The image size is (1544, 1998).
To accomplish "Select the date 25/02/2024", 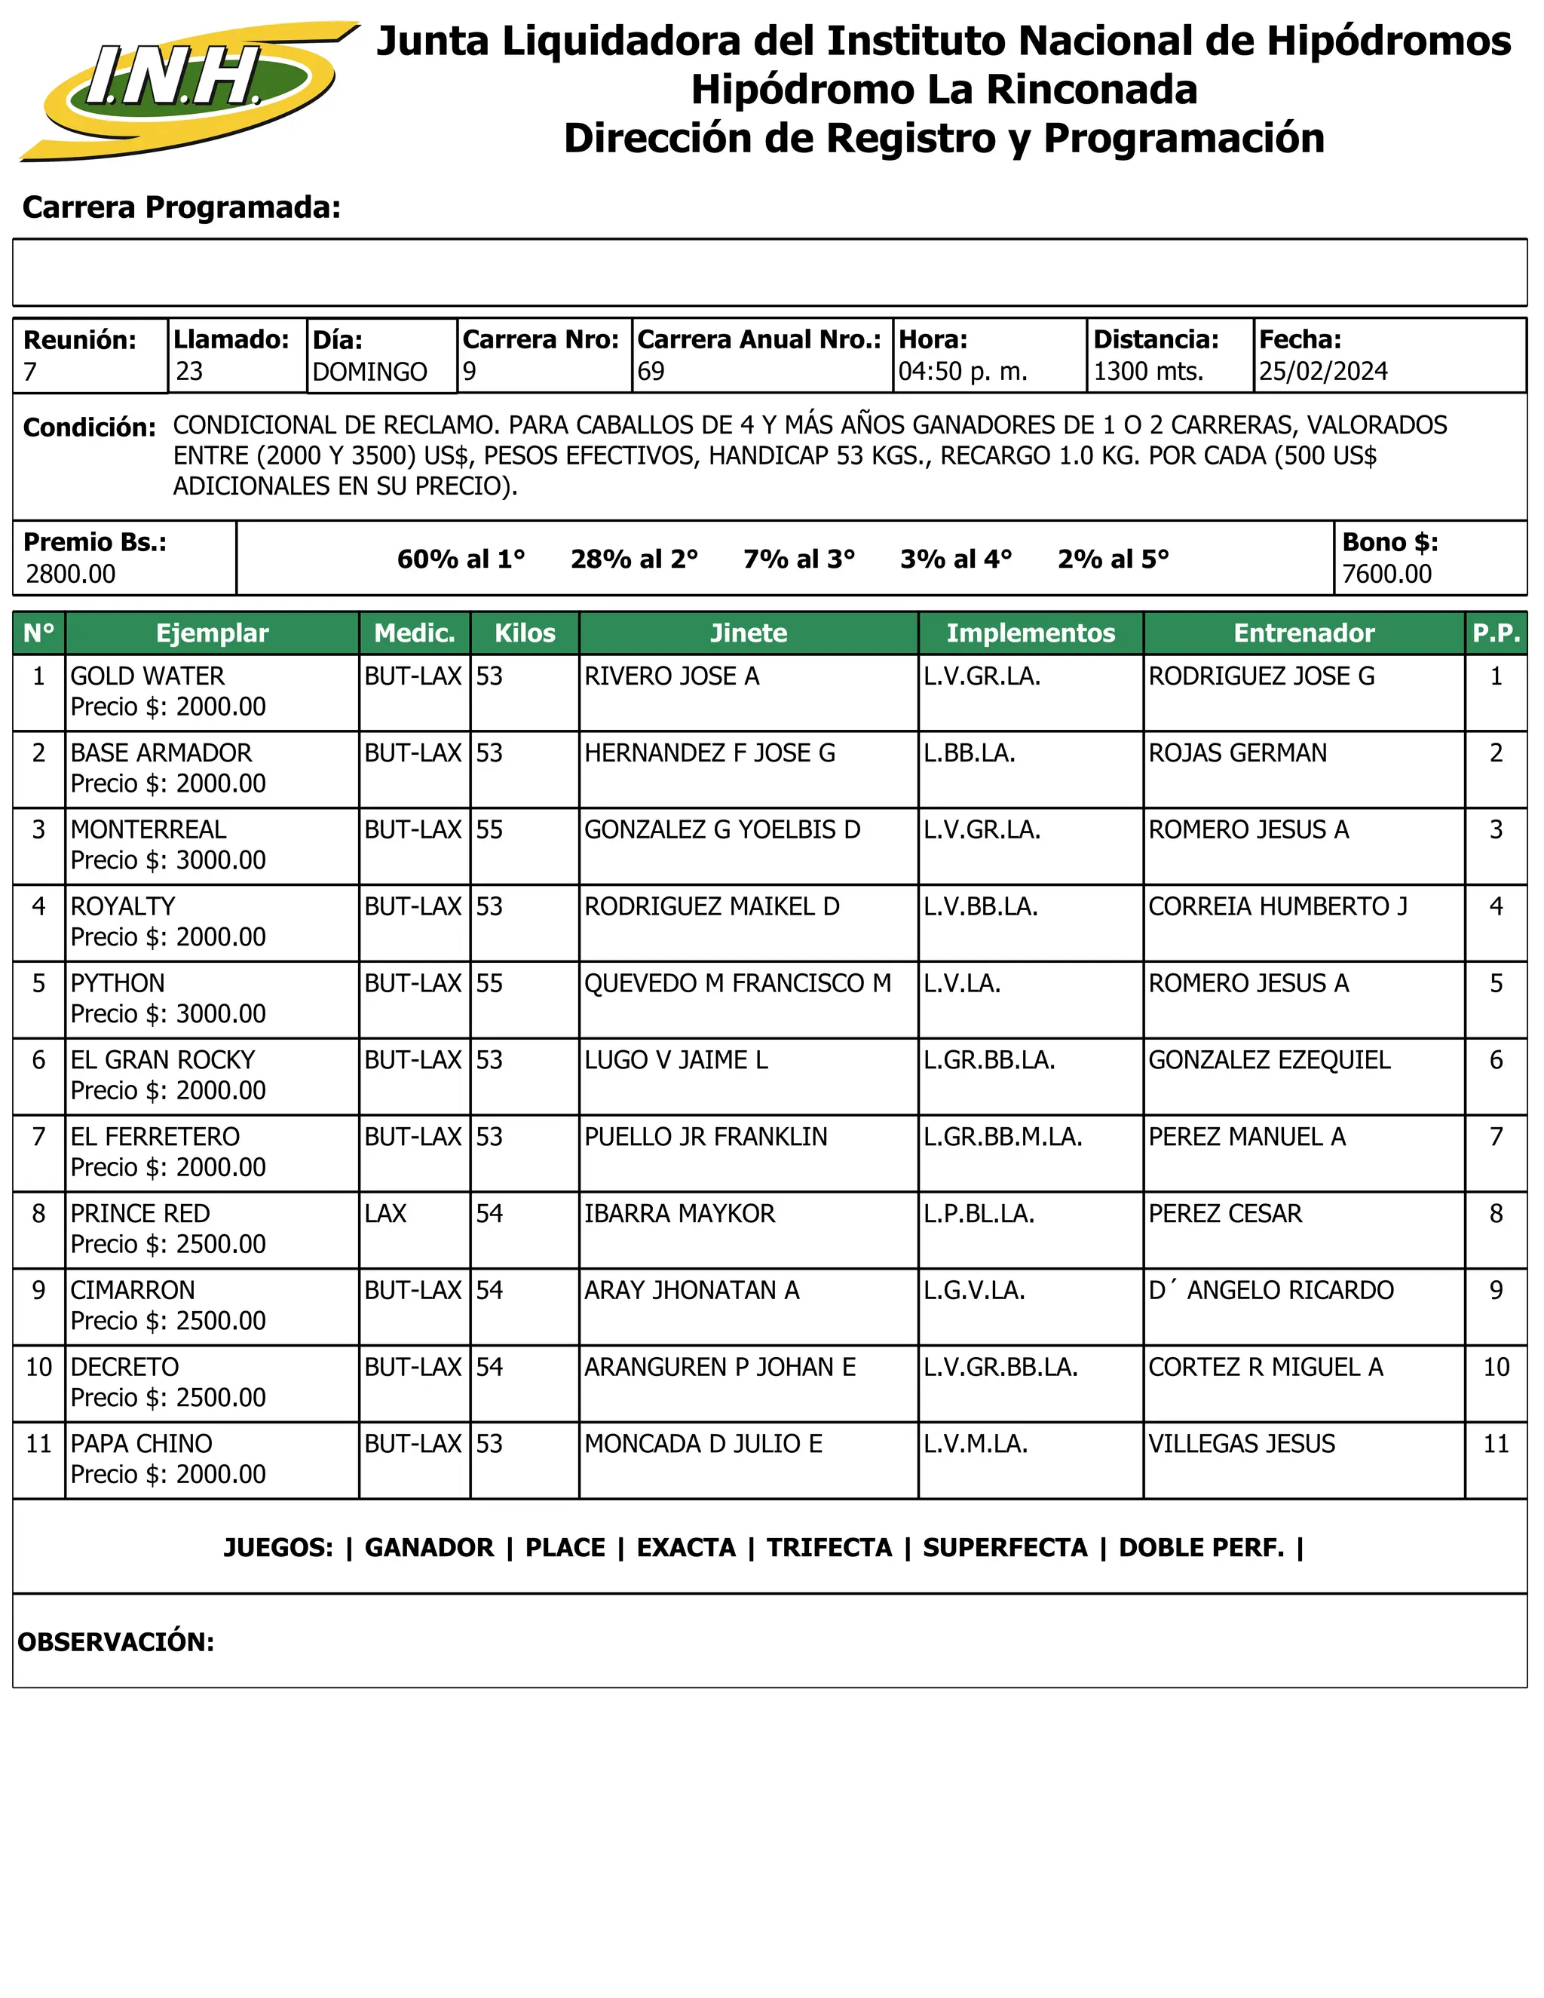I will (1322, 372).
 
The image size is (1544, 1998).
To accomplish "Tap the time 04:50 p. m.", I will (962, 372).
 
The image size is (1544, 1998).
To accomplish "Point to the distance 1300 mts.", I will (1148, 372).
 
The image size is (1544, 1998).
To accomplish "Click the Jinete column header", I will (748, 633).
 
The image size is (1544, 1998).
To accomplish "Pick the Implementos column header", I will (1030, 633).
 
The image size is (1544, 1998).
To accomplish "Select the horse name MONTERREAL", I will (149, 830).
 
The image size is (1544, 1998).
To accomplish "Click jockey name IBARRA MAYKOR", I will (679, 1214).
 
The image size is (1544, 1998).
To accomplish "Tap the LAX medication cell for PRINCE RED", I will (385, 1214).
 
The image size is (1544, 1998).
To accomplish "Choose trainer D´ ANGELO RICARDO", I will (1270, 1291).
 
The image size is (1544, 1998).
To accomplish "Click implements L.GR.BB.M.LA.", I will (1003, 1137).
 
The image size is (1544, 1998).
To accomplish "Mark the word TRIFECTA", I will (829, 1548).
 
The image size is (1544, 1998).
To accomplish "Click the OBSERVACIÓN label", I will (116, 1642).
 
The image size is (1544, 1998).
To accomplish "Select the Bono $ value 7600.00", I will (1386, 575).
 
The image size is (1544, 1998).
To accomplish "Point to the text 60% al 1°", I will (461, 559).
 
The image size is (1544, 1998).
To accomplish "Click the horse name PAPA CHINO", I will (141, 1444).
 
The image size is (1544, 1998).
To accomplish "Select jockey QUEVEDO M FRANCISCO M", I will (737, 983).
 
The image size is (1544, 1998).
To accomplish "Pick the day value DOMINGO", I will (369, 372).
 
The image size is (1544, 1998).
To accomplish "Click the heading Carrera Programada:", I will (181, 207).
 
